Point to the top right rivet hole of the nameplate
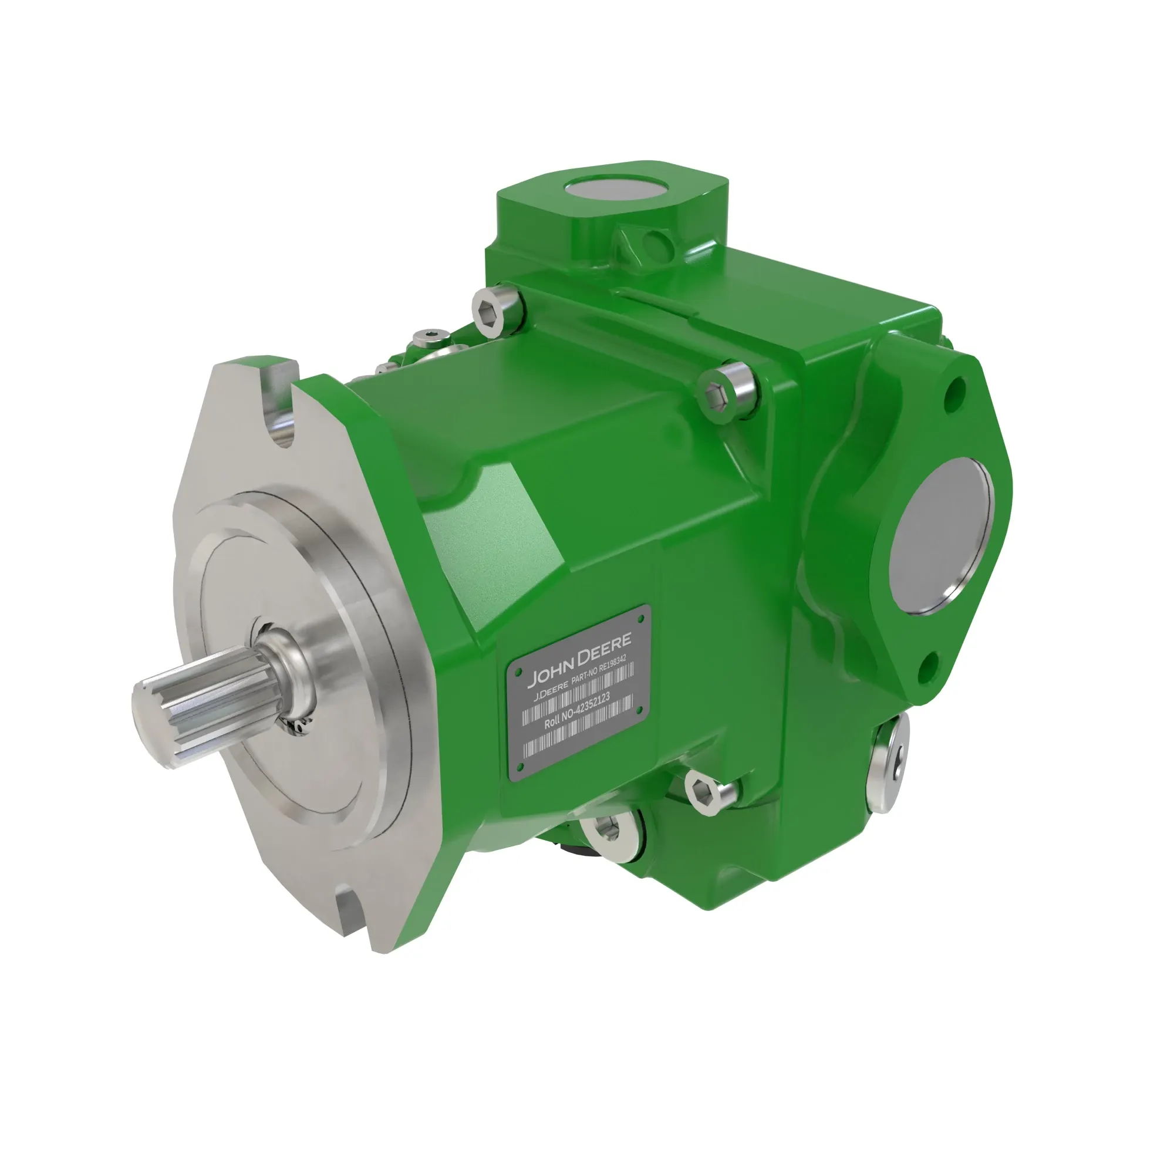tap(641, 619)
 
